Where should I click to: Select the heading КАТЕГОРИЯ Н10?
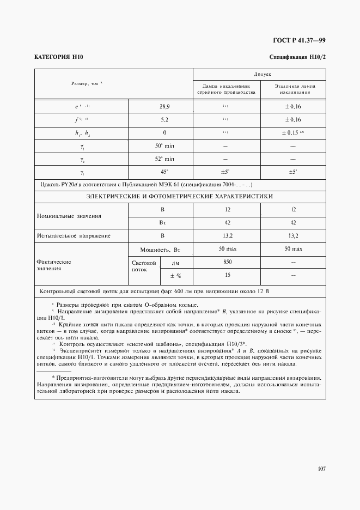pyautogui.click(x=58, y=57)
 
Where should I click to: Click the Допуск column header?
pyautogui.click(x=260, y=73)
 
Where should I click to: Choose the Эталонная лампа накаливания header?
pyautogui.click(x=293, y=89)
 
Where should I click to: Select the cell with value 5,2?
pyautogui.click(x=162, y=119)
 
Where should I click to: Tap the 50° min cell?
pyautogui.click(x=162, y=145)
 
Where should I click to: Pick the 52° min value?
pyautogui.click(x=162, y=159)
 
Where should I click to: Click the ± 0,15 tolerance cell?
pyautogui.click(x=293, y=132)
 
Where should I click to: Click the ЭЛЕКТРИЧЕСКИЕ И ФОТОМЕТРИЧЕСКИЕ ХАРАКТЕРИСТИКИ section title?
pyautogui.click(x=180, y=196)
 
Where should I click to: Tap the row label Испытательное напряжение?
pyautogui.click(x=74, y=235)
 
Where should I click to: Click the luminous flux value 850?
pyautogui.click(x=227, y=262)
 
